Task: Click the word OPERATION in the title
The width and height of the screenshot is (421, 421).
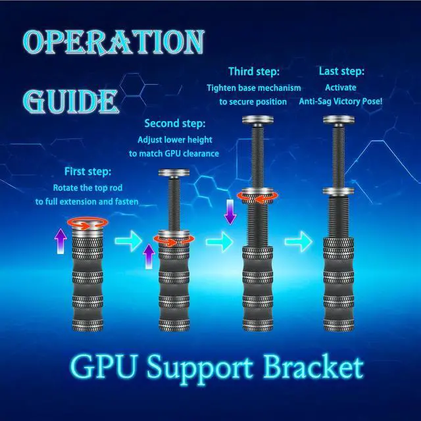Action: [114, 42]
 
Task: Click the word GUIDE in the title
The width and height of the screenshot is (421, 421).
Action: [70, 101]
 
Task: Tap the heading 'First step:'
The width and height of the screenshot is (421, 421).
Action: [87, 172]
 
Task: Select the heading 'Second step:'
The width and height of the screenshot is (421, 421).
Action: [175, 124]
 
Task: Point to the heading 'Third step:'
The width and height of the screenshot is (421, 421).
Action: [254, 72]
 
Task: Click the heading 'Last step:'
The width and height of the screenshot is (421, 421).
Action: [341, 72]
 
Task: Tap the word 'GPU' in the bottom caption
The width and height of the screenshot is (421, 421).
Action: [103, 366]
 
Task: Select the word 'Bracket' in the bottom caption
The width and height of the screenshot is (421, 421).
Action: [313, 366]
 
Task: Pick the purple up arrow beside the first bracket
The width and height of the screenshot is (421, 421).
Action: [61, 241]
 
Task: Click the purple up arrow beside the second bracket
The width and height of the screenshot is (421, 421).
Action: [149, 256]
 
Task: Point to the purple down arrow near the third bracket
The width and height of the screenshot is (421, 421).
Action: [230, 212]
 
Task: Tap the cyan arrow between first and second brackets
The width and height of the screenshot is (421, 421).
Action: [129, 241]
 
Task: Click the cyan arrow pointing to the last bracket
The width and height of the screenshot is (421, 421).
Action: [299, 241]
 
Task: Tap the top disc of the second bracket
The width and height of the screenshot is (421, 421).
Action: [174, 172]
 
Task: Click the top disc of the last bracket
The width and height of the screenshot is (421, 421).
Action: [339, 120]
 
